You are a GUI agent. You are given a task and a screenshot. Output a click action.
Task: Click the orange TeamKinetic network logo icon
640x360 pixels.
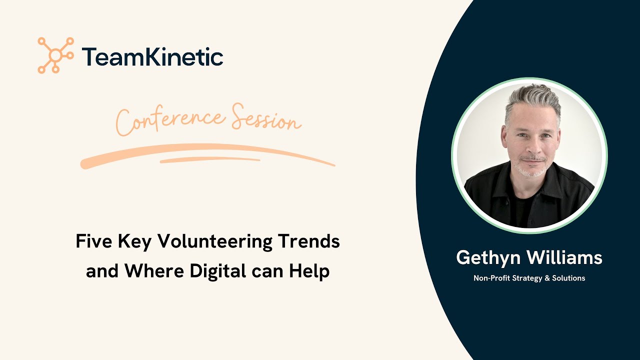pyautogui.click(x=55, y=55)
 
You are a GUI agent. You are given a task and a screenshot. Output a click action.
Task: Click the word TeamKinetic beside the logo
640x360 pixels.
pyautogui.click(x=152, y=56)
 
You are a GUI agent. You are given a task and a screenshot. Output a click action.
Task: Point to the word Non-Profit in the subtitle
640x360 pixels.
pyautogui.click(x=492, y=278)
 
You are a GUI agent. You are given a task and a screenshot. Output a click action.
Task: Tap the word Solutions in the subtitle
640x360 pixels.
pyautogui.click(x=569, y=278)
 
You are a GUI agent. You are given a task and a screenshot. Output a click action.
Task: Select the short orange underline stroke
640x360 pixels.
pyautogui.click(x=210, y=160)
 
